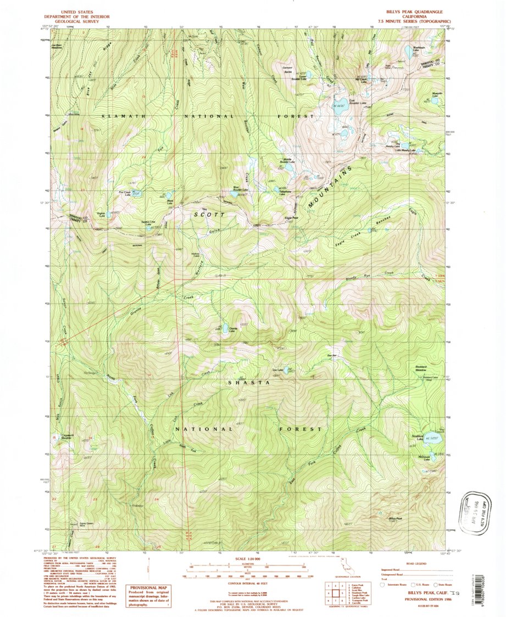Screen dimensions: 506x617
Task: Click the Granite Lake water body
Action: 225,329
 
